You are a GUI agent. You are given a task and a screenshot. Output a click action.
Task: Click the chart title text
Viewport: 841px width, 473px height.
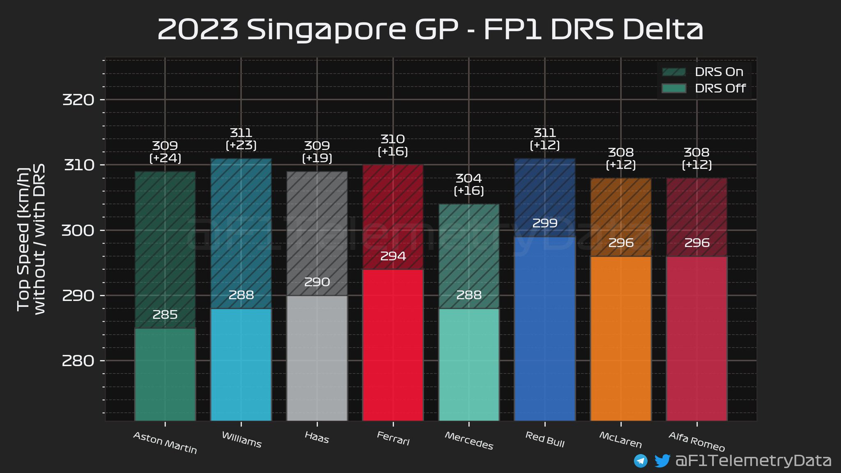tap(430, 30)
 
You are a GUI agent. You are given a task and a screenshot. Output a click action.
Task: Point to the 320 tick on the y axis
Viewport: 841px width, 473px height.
tap(78, 100)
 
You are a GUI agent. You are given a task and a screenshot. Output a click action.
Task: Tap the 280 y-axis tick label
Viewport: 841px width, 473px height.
tap(78, 361)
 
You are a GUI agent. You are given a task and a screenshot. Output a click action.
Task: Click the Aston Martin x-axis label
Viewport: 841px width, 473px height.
tap(165, 443)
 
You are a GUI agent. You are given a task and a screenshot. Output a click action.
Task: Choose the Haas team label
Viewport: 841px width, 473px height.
tap(317, 438)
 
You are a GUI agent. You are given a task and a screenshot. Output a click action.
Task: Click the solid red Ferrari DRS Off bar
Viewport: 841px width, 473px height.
tap(393, 345)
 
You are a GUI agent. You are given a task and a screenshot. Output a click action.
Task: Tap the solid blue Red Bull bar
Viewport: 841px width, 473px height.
tap(545, 328)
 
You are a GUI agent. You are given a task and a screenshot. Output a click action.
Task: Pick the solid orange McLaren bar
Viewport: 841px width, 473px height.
tap(621, 339)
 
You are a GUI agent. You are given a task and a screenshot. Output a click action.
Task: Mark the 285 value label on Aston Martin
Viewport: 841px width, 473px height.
tap(165, 315)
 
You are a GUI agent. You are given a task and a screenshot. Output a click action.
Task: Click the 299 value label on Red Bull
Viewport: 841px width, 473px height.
tap(545, 223)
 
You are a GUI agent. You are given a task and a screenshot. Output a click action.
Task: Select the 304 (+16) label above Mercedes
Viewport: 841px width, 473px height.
tap(469, 184)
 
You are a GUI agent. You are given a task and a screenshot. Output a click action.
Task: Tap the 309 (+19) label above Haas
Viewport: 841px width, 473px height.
tap(317, 152)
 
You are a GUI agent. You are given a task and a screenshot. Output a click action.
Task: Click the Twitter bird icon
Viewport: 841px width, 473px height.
tap(662, 461)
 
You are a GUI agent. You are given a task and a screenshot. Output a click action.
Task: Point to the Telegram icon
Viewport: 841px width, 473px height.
tap(641, 461)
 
